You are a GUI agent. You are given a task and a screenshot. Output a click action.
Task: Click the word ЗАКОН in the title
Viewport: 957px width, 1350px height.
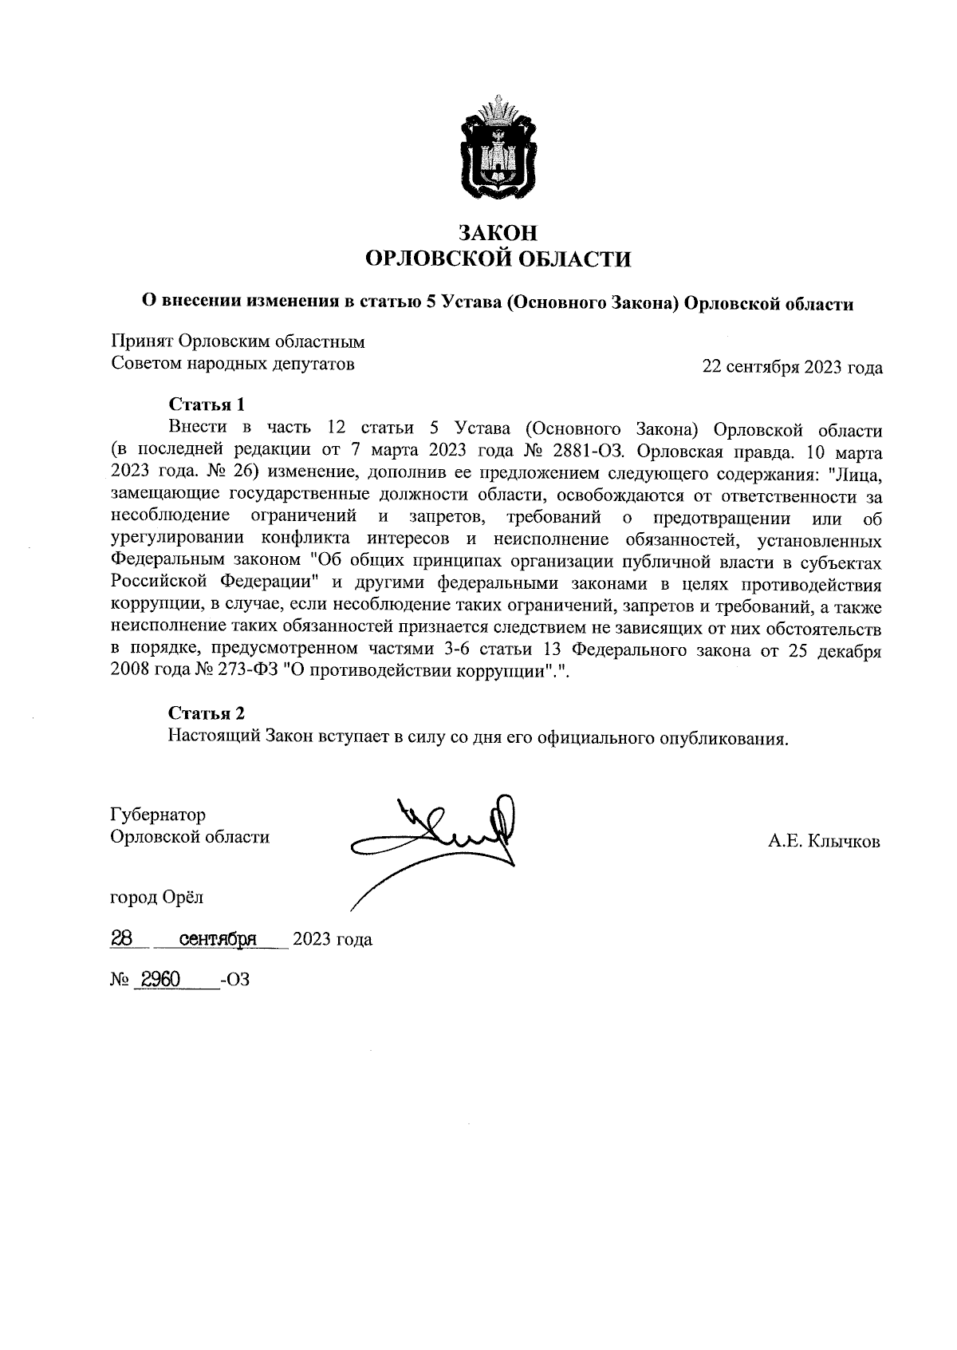(x=497, y=232)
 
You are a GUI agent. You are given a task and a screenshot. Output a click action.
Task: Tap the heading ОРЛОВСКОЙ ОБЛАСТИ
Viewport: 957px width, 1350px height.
(x=497, y=259)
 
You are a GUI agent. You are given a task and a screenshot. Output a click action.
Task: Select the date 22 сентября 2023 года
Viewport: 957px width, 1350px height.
(x=792, y=368)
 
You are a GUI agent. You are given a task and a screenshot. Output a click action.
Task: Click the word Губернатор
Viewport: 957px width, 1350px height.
(x=158, y=815)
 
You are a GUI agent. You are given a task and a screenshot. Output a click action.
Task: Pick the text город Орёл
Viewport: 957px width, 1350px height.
(x=156, y=898)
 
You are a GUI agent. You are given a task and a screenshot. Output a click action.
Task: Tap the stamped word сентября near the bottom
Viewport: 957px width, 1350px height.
(x=218, y=939)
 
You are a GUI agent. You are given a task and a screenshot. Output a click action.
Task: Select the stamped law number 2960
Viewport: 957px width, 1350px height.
(x=159, y=979)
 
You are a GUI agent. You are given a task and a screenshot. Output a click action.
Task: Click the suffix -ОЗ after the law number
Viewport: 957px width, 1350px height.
(x=235, y=980)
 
